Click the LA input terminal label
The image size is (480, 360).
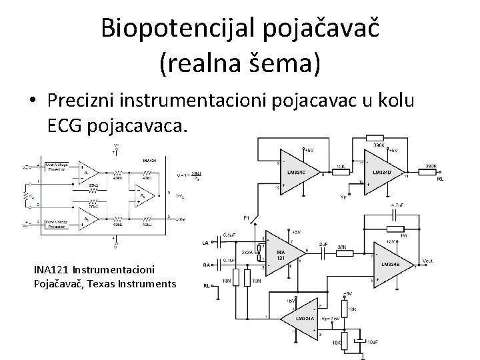pos(207,243)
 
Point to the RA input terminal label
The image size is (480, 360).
pos(207,265)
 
